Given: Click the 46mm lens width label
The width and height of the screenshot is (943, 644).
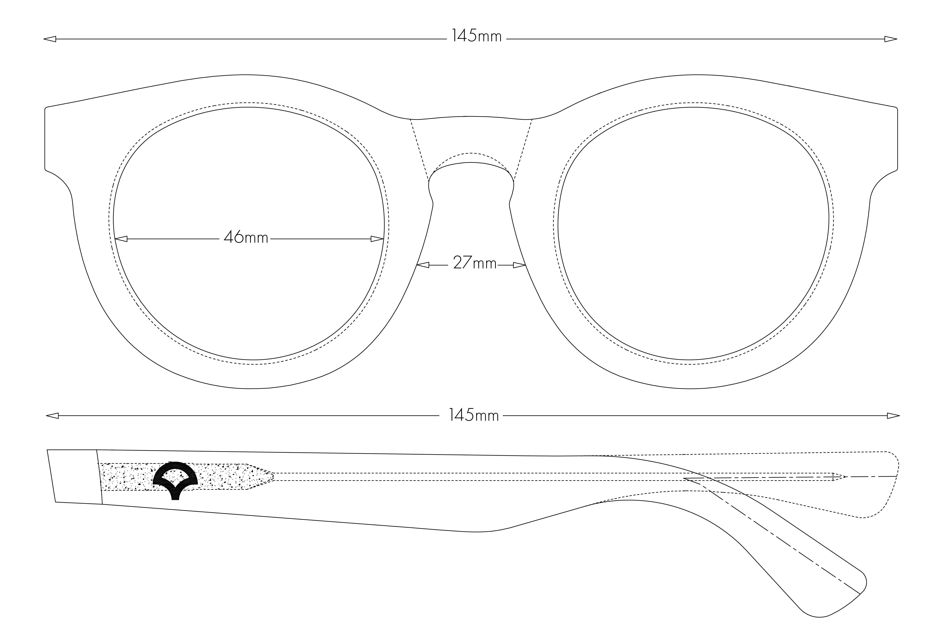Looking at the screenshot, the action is point(246,237).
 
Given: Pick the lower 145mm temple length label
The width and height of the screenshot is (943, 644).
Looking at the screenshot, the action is point(474,416).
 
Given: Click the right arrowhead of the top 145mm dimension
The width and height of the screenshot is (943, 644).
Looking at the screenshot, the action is point(891,39).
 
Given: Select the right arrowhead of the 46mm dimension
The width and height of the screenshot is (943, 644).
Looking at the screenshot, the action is point(377,239).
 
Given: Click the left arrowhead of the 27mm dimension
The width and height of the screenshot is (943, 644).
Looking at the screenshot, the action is point(423,265).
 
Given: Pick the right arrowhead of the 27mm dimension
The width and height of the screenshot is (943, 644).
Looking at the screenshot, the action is point(519,265).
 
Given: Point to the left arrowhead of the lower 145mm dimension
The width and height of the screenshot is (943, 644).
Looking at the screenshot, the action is point(52,416).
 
